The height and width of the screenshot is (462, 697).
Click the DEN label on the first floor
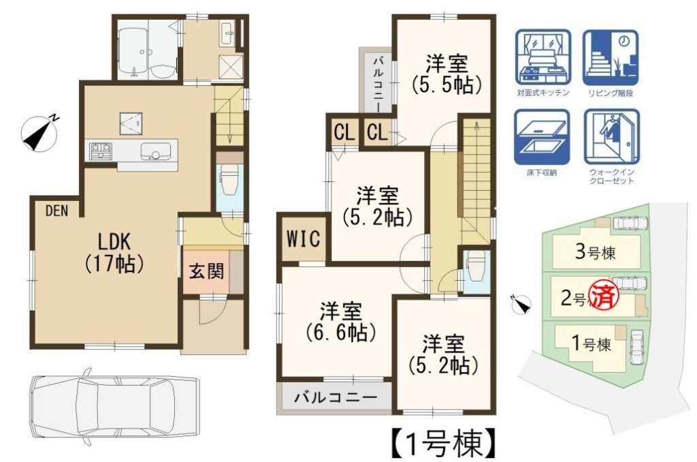click(57, 211)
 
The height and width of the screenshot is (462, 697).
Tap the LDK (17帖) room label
click(114, 252)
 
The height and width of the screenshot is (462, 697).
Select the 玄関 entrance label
click(207, 271)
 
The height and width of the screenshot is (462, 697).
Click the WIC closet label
click(303, 238)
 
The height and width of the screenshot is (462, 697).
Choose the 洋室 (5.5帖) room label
click(447, 74)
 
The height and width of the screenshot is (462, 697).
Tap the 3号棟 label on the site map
click(595, 252)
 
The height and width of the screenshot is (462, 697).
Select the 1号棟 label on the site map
click(591, 343)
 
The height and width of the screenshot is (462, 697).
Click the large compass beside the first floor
click(40, 132)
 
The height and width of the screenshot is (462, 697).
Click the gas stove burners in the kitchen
click(101, 151)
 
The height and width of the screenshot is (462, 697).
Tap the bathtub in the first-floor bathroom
click(133, 50)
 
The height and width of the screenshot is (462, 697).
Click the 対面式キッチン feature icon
click(542, 57)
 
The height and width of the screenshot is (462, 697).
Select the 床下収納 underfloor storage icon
click(542, 137)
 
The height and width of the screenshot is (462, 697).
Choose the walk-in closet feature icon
click(612, 137)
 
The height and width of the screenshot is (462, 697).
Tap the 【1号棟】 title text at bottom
click(444, 444)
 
